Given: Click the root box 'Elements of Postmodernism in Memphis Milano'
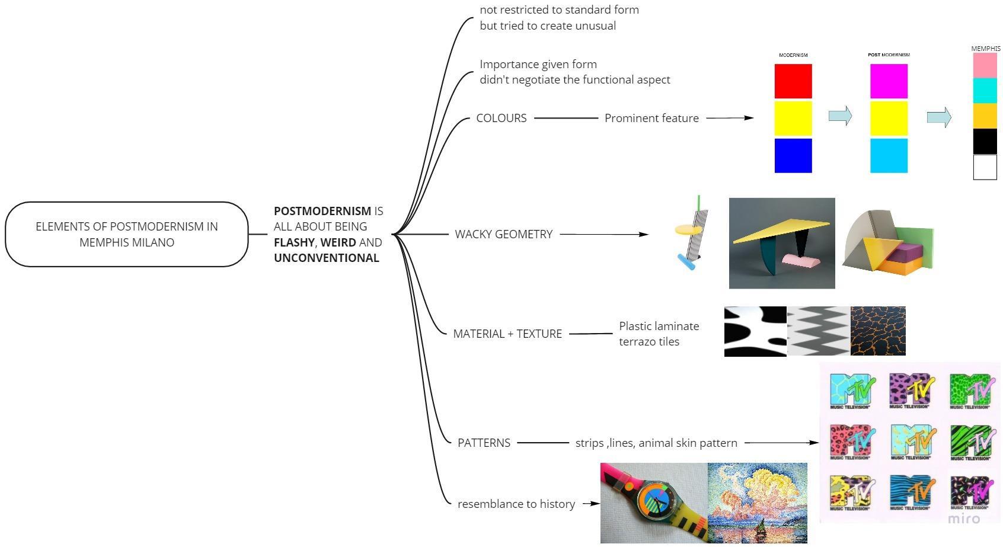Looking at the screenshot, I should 126,234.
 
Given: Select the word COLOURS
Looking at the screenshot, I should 501,118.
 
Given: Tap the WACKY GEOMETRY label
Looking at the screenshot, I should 503,234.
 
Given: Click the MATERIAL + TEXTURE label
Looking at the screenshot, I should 507,334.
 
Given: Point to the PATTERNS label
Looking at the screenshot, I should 484,443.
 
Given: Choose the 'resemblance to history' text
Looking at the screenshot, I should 516,504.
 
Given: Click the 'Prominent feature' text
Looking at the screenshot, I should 651,118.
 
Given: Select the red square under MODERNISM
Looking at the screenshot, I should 793,81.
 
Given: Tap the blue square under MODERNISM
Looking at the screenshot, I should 793,156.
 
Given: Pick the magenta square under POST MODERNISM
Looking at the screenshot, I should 889,81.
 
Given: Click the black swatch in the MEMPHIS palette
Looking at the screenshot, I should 985,142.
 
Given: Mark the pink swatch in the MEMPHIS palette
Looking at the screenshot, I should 985,65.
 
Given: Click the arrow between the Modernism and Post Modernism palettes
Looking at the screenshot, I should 840,116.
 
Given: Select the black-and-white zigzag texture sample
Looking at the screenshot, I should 818,331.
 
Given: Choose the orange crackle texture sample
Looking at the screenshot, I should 878,331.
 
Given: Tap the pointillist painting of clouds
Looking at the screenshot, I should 757,503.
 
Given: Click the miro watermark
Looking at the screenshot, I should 963,519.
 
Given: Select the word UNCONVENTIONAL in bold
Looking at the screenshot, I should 326,258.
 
